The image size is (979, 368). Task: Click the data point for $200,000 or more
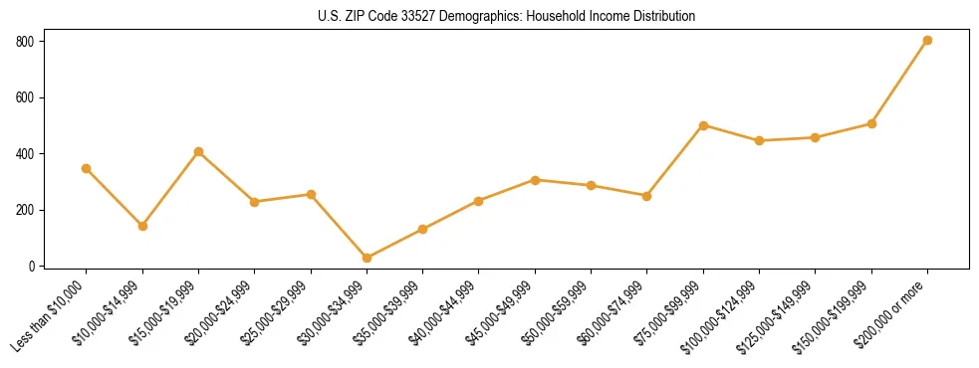(927, 40)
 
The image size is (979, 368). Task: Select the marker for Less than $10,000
(87, 168)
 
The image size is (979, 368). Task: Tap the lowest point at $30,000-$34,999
(367, 258)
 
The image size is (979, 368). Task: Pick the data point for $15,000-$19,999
(198, 151)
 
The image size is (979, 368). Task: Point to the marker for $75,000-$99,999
(703, 125)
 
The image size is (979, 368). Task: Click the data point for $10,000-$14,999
(142, 226)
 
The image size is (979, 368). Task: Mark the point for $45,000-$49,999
(535, 180)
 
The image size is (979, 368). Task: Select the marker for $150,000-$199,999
(871, 123)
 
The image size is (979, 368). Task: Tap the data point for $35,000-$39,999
(422, 229)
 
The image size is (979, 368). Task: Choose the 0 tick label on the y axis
(32, 267)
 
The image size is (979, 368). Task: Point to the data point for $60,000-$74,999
(647, 196)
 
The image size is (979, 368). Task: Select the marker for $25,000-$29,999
(311, 194)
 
